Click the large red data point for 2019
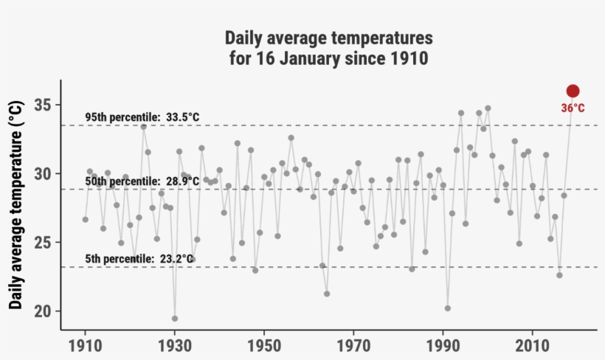573,91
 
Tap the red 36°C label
573,108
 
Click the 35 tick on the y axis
43,105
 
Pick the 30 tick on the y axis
43,173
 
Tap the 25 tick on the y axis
43,242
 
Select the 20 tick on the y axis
43,311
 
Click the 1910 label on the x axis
86,346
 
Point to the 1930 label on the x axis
175,346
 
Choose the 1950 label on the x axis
264,346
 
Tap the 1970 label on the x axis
353,346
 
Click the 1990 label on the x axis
443,346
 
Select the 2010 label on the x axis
532,346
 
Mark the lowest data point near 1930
175,319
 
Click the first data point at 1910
86,219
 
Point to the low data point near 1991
447,308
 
